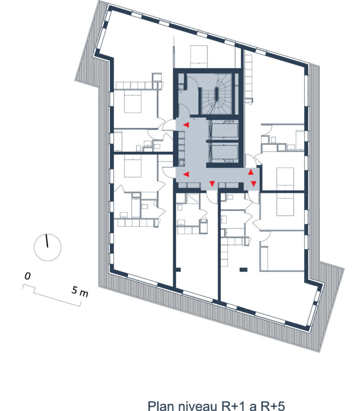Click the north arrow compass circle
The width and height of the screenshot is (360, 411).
[x=34, y=247]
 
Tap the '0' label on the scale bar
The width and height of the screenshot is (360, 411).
[x=28, y=276]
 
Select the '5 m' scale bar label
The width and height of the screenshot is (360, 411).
[x=80, y=291]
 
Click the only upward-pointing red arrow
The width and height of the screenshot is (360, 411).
[x=251, y=172]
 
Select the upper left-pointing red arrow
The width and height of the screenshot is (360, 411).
[x=186, y=125]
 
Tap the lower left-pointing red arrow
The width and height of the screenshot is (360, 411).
[x=186, y=174]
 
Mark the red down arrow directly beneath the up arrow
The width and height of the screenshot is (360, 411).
[x=253, y=184]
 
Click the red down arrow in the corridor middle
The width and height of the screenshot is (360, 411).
[x=212, y=183]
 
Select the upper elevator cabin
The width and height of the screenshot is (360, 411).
[x=225, y=130]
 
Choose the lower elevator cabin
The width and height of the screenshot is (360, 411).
[x=225, y=152]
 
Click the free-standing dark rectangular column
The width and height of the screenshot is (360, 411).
[x=243, y=269]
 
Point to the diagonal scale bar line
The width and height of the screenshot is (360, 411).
[x=58, y=298]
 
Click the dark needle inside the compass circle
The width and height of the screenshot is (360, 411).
[x=47, y=241]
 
